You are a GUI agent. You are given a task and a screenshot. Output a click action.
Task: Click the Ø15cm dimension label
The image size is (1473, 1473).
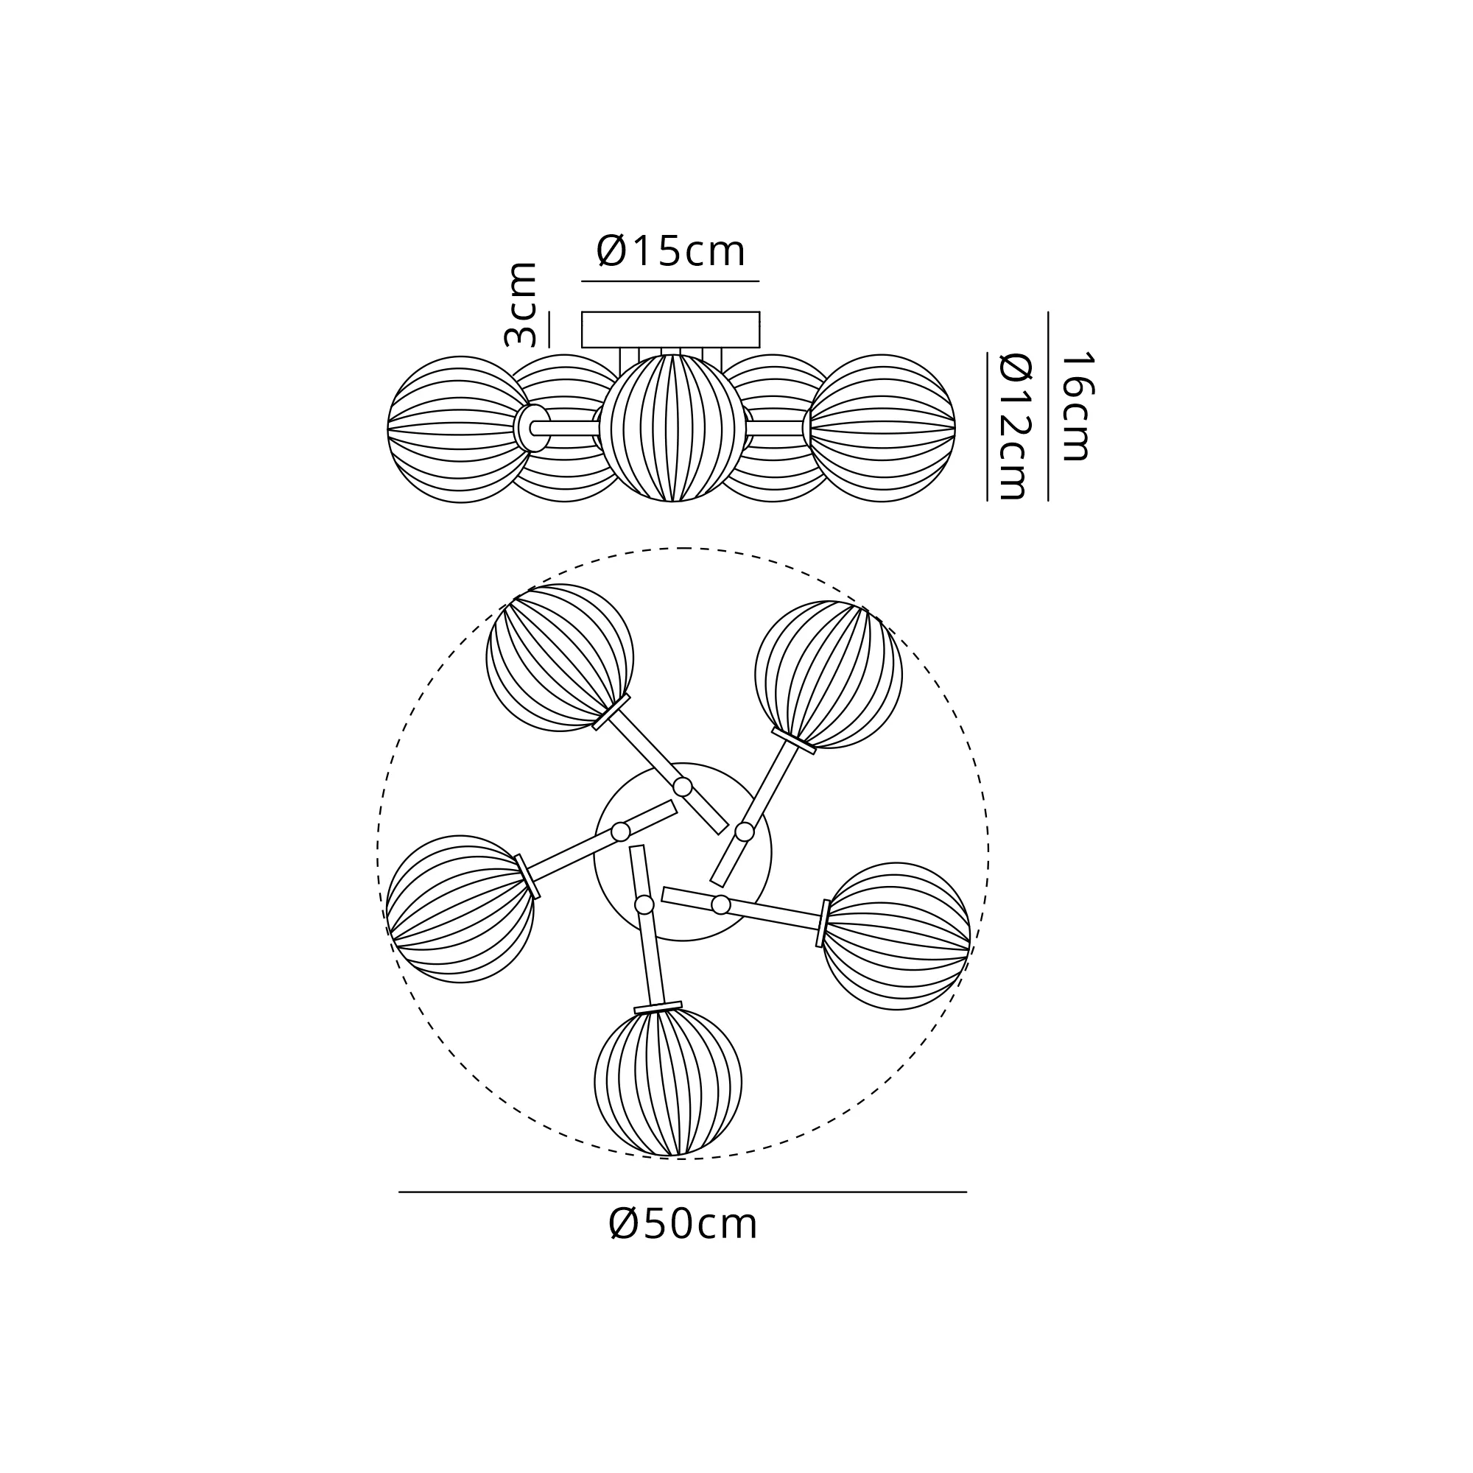670,251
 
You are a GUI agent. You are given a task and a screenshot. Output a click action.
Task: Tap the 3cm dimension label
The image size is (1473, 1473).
521,304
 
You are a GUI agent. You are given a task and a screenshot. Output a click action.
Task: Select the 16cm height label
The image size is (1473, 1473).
1077,406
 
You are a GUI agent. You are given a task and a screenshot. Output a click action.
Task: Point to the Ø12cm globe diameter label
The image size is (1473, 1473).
1015,426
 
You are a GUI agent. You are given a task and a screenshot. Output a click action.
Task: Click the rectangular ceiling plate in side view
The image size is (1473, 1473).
671,329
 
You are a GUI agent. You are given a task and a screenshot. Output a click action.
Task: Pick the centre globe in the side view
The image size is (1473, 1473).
672,428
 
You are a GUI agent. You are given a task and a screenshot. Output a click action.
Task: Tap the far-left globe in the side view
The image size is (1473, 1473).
460,429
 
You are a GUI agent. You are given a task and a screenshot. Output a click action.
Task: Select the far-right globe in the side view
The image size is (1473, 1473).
882,428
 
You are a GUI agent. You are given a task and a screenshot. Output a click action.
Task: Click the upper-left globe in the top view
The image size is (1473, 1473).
560,658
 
